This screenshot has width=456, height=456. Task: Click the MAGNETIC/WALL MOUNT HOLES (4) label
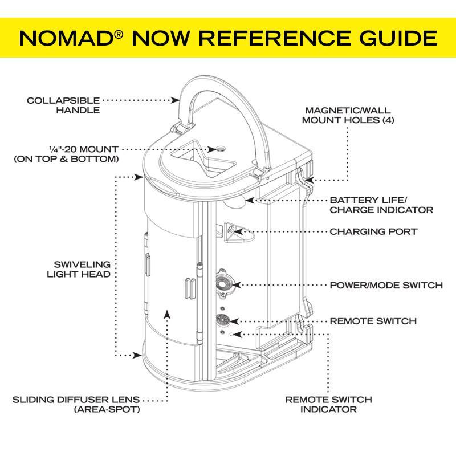point(348,115)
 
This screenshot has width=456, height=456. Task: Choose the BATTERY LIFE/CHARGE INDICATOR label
point(381,205)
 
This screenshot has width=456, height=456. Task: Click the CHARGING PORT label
point(373,232)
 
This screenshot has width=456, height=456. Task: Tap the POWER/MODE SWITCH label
point(386,285)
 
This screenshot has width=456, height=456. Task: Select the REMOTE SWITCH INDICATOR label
point(329,404)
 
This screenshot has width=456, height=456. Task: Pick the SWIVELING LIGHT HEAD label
point(79,270)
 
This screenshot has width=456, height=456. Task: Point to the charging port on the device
point(232,230)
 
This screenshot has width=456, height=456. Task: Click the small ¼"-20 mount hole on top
point(220,149)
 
